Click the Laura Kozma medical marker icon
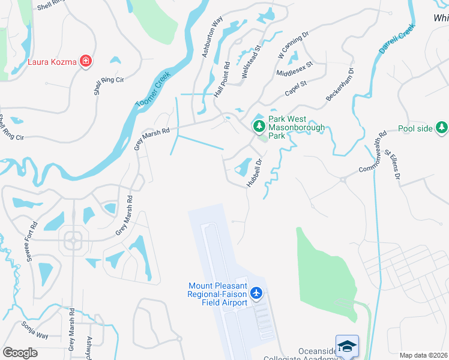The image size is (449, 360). [86, 61]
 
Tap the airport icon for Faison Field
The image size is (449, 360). [257, 293]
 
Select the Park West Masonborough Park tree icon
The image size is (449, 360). [259, 126]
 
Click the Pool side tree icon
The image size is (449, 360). [442, 127]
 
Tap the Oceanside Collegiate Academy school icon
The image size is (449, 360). [347, 346]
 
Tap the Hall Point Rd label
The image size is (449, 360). [222, 80]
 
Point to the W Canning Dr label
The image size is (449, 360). [292, 45]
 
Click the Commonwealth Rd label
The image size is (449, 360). [375, 154]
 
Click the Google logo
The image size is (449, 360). [20, 352]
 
